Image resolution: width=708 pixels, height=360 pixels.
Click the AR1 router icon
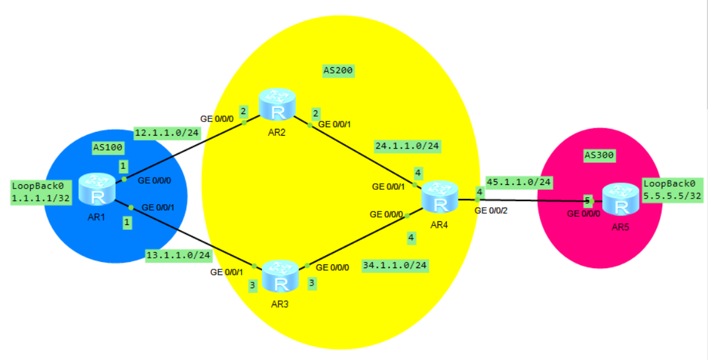point(97,189)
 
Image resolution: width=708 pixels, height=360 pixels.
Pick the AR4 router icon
point(439,197)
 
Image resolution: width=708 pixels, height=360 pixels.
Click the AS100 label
point(108,147)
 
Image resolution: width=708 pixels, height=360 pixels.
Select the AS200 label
point(338,70)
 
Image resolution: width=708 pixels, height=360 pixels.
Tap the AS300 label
point(599,155)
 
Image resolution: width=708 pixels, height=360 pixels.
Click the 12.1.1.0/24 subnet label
point(166,133)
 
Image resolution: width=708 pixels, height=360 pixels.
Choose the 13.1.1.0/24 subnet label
point(178,255)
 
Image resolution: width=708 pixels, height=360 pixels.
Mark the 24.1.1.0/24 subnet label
point(407,146)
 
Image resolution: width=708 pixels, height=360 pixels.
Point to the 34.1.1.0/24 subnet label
point(395,266)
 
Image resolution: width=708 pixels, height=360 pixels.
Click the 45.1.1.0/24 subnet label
point(519,182)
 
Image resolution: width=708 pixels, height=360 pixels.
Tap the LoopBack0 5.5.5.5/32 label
point(672,190)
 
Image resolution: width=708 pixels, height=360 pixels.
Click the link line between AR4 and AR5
point(530,200)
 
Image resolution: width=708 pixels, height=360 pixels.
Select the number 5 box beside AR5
point(588,200)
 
